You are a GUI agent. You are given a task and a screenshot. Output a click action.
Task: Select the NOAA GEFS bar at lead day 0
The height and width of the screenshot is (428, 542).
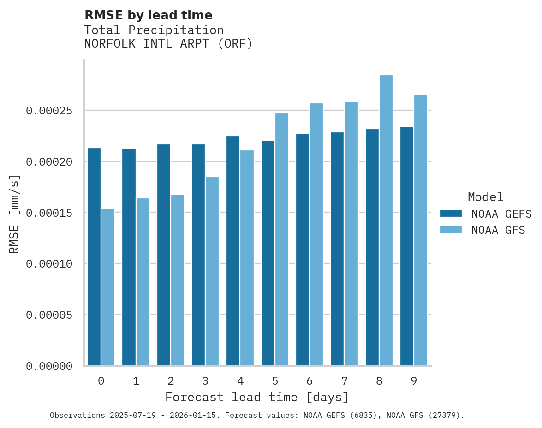click(x=94, y=257)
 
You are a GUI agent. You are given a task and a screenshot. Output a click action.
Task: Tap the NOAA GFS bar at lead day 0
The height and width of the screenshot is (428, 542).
click(x=108, y=287)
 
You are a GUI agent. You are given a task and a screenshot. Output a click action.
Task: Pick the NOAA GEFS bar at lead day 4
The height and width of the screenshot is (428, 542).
click(x=233, y=251)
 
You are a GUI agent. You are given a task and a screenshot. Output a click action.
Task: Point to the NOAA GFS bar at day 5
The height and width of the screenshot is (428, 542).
click(x=282, y=239)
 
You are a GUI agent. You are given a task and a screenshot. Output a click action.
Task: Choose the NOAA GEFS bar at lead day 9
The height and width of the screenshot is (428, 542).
click(x=407, y=246)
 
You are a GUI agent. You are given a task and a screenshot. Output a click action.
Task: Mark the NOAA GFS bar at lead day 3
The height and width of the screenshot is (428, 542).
click(x=212, y=271)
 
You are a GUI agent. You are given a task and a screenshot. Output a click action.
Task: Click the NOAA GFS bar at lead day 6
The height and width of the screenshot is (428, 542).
click(x=316, y=234)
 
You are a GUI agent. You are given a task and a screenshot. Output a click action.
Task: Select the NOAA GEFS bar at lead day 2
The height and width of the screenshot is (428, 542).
click(x=164, y=255)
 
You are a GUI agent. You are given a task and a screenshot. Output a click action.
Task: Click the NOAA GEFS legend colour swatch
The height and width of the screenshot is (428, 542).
click(x=451, y=213)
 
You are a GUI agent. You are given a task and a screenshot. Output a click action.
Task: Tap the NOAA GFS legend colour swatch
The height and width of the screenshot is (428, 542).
click(x=451, y=230)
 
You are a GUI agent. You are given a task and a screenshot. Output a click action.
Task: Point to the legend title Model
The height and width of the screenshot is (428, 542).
click(x=485, y=197)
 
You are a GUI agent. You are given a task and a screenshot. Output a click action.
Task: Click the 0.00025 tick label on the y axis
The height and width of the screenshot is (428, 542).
click(x=49, y=111)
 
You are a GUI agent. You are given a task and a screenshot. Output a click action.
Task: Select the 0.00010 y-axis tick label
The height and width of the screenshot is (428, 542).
click(x=49, y=264)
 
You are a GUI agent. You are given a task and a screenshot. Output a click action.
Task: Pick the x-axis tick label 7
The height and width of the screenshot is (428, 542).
click(x=344, y=381)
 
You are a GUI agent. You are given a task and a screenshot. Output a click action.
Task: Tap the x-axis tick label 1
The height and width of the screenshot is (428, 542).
click(x=136, y=381)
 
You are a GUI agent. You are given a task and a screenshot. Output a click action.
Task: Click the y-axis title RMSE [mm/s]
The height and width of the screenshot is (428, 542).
click(x=14, y=214)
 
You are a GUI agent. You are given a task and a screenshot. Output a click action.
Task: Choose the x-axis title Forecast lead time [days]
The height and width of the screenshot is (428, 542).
click(x=257, y=397)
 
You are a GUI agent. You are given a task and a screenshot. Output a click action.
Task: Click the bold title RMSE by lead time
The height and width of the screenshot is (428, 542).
click(x=148, y=15)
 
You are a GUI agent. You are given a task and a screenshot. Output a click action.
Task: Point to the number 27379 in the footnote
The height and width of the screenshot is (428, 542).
click(x=447, y=416)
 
